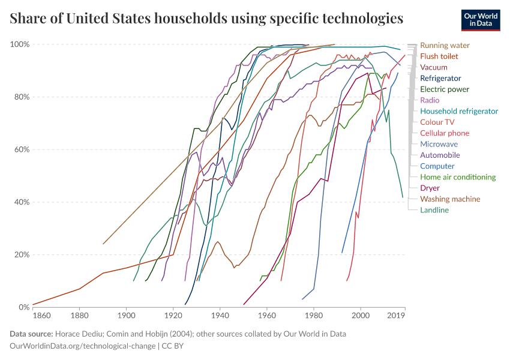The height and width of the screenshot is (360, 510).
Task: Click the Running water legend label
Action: [445, 45]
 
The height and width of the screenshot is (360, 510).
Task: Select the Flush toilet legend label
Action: [439, 56]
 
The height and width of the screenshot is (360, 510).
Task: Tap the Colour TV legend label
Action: [437, 122]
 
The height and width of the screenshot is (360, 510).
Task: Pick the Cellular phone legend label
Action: [445, 133]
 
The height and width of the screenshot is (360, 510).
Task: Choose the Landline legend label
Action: [434, 210]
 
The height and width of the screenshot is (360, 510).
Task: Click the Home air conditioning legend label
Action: [458, 177]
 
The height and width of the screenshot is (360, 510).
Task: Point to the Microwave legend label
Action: [439, 144]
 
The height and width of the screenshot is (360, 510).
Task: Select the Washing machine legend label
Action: [450, 199]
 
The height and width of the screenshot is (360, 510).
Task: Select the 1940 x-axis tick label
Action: [220, 315]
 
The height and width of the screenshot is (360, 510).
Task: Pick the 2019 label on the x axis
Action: [396, 315]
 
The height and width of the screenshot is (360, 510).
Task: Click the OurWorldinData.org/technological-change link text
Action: [82, 346]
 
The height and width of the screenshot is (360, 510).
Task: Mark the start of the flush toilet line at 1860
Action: [33, 305]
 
